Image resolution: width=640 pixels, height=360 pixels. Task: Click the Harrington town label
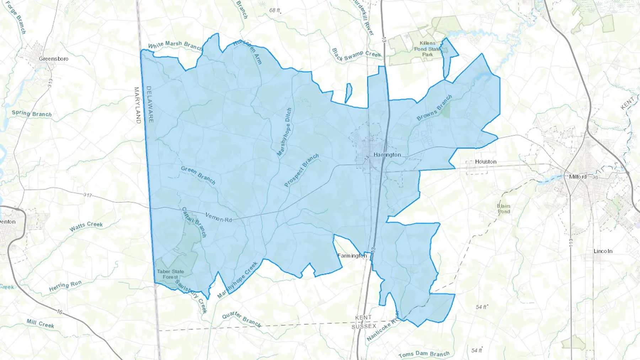(x=387, y=155)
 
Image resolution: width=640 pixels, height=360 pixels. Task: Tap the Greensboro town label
(x=53, y=59)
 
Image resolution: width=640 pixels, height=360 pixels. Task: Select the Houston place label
(x=486, y=162)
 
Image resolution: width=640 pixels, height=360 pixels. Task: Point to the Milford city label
(x=577, y=177)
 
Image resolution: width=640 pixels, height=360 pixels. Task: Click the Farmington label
(x=352, y=256)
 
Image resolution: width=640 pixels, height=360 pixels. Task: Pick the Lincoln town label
(x=603, y=251)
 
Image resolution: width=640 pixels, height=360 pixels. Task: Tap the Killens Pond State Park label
(x=427, y=49)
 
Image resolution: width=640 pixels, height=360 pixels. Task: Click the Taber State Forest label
(x=170, y=274)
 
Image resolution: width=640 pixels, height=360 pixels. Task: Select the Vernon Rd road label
(x=219, y=217)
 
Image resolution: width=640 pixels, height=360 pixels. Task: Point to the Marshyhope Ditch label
(x=284, y=132)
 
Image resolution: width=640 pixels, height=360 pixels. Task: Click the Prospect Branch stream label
(x=301, y=170)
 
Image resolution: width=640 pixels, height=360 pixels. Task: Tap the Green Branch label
(x=198, y=175)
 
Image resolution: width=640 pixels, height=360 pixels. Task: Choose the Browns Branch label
(x=434, y=107)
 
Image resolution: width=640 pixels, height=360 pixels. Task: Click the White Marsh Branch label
(x=175, y=45)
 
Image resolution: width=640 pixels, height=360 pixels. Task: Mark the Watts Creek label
(x=86, y=226)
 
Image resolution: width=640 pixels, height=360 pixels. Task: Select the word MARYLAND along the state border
(x=137, y=105)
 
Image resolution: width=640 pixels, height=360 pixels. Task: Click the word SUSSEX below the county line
(x=363, y=326)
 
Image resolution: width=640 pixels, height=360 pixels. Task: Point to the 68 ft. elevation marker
(x=274, y=10)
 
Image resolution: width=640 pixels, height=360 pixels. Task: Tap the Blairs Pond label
(x=503, y=209)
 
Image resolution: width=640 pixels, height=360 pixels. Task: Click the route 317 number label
(x=87, y=195)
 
